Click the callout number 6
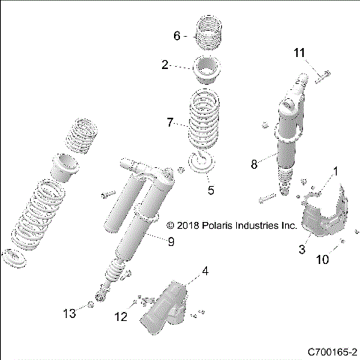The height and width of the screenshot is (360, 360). (177, 34)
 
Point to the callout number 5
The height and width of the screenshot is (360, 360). (211, 190)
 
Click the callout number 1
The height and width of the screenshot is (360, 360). (335, 171)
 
